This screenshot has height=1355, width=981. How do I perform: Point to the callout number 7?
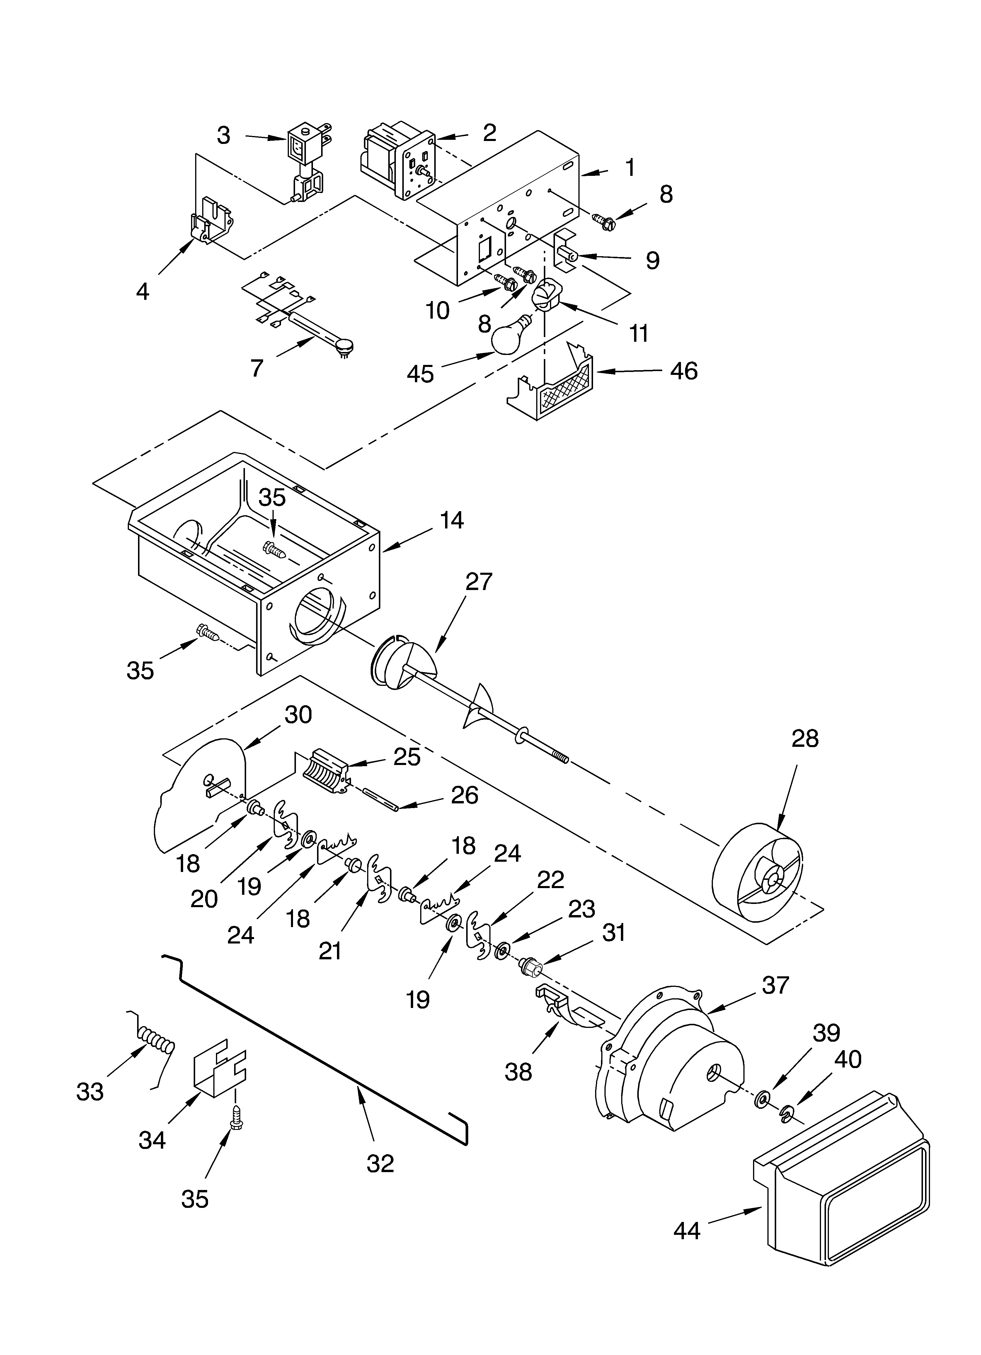point(257,369)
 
